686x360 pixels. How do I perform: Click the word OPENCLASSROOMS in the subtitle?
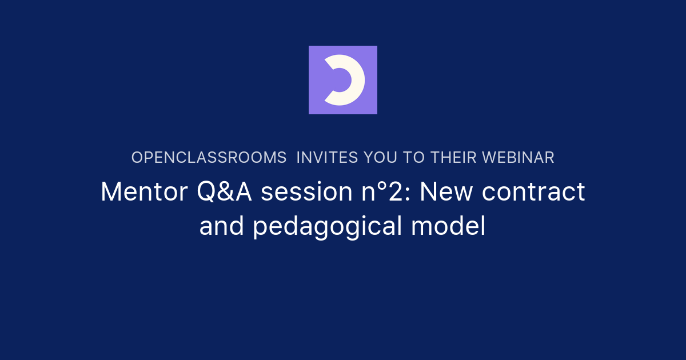(x=209, y=158)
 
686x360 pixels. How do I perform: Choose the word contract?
(x=533, y=192)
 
